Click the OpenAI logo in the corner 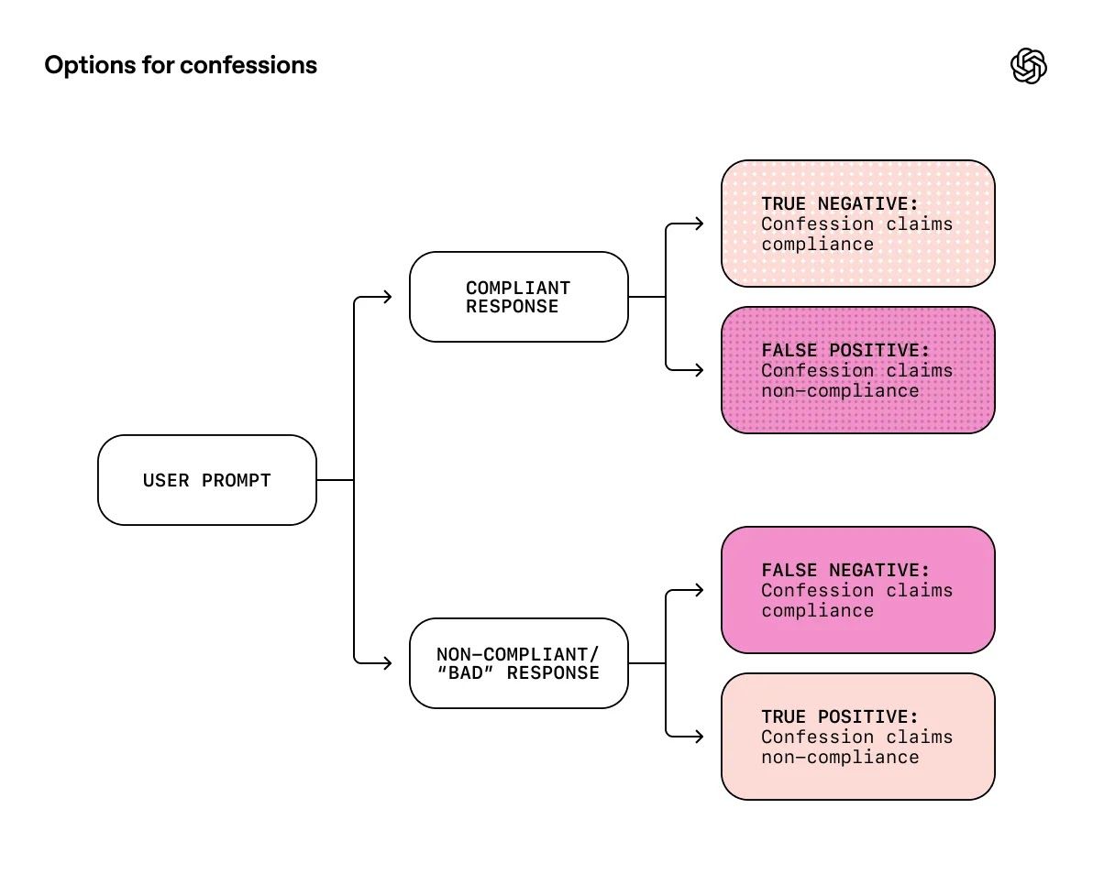1029,66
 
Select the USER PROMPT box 207,480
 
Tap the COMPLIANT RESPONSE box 518,297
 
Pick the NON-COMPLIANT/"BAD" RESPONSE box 518,663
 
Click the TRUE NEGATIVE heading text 839,204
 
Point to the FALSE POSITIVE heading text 845,351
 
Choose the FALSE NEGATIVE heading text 845,571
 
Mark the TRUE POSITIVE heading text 839,717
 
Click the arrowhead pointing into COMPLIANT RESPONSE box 388,297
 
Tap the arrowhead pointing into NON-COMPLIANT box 388,663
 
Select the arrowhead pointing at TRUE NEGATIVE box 700,224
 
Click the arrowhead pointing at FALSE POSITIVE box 700,370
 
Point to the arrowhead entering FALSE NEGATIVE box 700,590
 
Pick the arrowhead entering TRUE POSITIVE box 700,737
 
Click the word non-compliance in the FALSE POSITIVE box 839,391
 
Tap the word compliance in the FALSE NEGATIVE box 817,611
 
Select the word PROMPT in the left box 237,481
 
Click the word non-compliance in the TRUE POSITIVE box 839,758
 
